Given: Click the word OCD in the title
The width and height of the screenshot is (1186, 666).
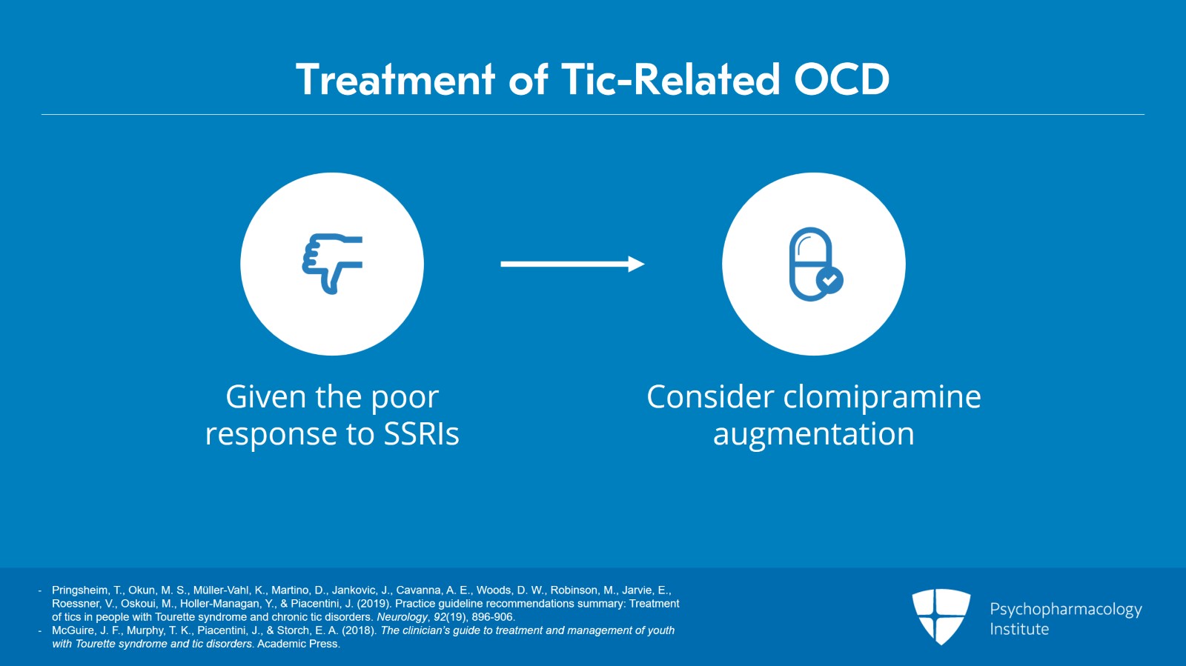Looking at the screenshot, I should [x=841, y=79].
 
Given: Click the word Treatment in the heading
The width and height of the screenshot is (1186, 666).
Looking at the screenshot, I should [x=395, y=79].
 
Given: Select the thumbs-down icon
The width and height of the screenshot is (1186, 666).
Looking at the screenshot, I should [x=332, y=264].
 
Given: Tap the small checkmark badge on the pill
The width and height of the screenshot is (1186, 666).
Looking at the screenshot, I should [x=829, y=280].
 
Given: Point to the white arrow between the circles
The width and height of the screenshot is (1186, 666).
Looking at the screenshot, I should [x=563, y=264].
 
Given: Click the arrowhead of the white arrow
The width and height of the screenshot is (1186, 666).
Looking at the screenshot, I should [x=636, y=264].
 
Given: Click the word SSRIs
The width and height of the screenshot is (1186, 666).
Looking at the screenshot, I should [x=421, y=434].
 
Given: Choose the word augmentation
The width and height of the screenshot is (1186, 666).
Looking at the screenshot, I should [x=813, y=434].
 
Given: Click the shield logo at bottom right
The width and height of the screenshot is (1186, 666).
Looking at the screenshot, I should [x=941, y=616].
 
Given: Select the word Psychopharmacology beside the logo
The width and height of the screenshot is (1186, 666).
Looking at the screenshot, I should [x=1065, y=610].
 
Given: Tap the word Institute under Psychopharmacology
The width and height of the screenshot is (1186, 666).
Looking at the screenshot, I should [x=1019, y=630].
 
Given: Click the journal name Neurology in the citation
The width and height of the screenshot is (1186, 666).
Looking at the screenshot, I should [x=402, y=617].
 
